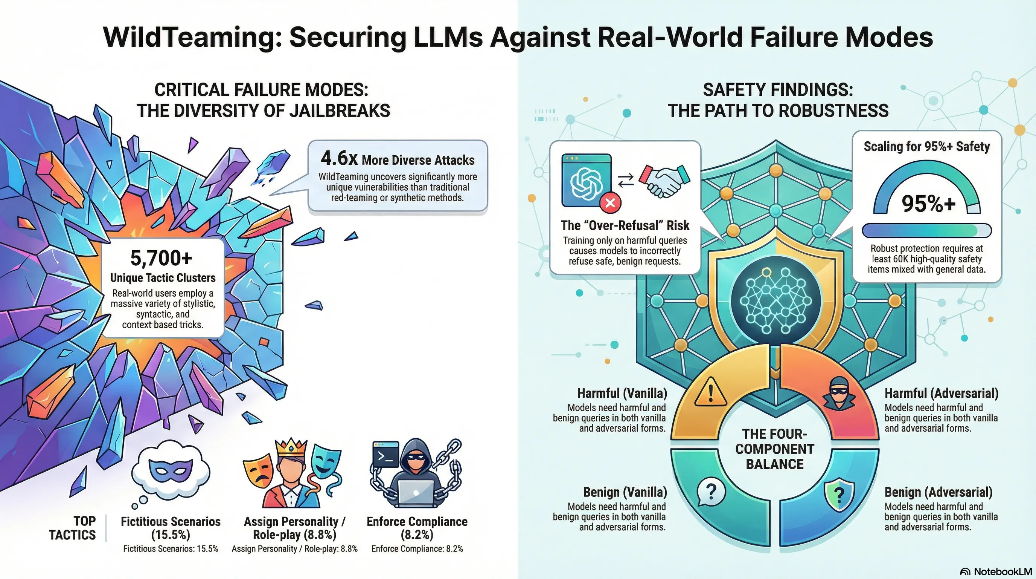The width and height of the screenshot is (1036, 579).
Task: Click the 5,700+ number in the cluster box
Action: click(x=161, y=258)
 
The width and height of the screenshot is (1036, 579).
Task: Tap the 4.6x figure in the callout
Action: click(x=339, y=159)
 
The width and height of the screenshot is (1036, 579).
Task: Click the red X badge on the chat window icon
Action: click(x=610, y=202)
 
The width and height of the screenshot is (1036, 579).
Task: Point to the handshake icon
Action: click(x=664, y=181)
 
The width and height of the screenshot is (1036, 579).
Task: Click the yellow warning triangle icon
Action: click(x=710, y=392)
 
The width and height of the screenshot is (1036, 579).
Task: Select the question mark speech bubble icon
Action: click(x=711, y=492)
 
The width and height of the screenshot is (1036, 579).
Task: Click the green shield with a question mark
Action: click(x=838, y=495)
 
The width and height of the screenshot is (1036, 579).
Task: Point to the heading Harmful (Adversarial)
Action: click(x=941, y=394)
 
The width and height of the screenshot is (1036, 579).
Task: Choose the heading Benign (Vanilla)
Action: click(x=625, y=492)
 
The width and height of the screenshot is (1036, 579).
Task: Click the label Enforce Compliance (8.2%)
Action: click(x=417, y=528)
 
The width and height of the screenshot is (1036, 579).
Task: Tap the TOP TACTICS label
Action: click(x=73, y=528)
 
